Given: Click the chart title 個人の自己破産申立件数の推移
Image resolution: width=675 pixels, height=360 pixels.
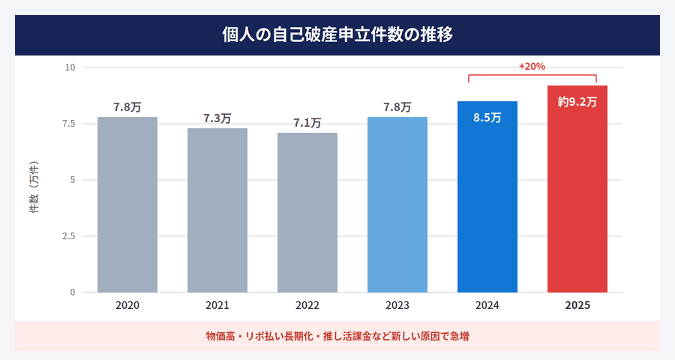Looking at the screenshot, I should (x=337, y=34).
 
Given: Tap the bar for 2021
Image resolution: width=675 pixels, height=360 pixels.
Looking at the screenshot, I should (x=217, y=210).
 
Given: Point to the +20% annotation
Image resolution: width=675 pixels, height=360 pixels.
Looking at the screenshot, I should (x=532, y=66).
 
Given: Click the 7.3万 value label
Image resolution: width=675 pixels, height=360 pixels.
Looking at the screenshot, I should (x=217, y=118).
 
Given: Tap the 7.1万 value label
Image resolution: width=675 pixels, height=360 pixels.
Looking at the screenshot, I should (x=307, y=123).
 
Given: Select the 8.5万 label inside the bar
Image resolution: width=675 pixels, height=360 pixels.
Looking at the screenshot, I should (x=487, y=118).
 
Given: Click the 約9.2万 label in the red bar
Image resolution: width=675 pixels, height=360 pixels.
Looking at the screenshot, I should (x=577, y=103).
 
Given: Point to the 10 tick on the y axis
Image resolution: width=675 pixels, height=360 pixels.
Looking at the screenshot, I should (x=70, y=67).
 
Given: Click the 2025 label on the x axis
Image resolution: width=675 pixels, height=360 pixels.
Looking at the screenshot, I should (x=577, y=306).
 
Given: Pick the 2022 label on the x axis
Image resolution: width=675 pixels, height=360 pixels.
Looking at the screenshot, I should (x=307, y=306).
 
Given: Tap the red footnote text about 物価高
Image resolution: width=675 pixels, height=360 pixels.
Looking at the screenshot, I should (x=337, y=337).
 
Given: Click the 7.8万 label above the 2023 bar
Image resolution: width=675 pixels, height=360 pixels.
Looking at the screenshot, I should (x=397, y=107).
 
